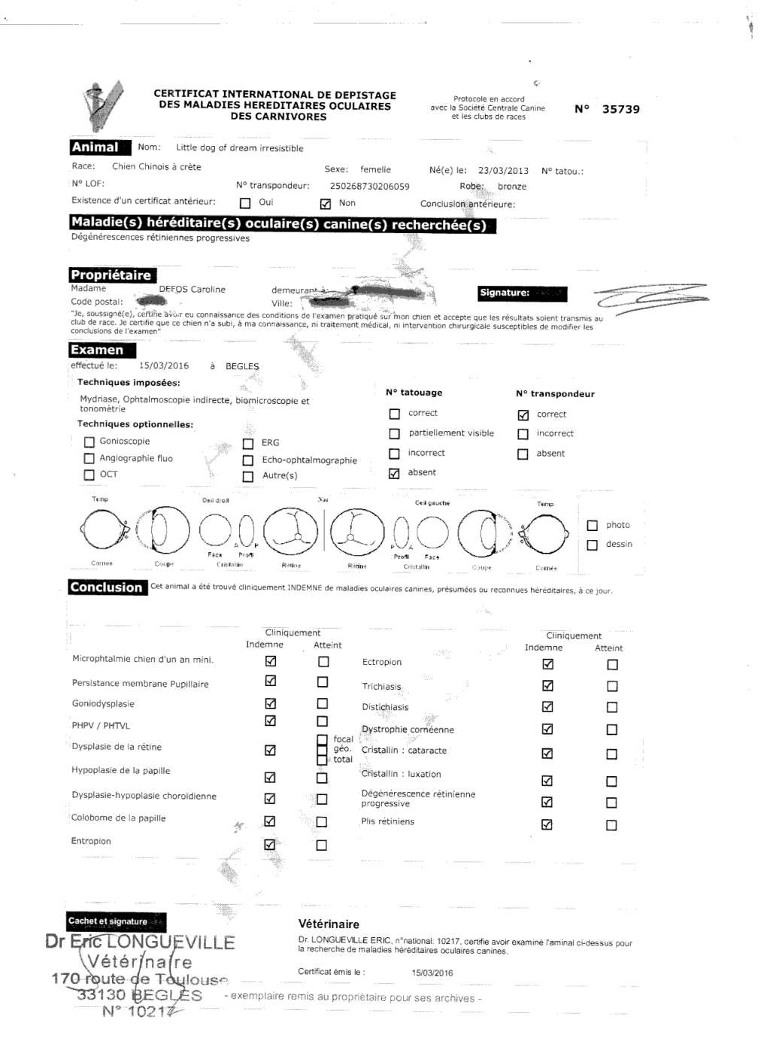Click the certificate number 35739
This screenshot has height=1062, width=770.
point(620,109)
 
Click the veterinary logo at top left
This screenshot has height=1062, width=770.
point(102,105)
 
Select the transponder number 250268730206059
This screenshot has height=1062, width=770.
point(369,186)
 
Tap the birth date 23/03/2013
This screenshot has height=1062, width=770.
point(503,171)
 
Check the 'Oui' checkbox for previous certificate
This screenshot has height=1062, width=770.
point(245,203)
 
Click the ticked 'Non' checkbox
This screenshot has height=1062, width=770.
point(326,204)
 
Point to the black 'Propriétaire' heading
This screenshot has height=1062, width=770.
point(111,275)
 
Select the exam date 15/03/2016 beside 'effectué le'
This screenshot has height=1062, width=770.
point(164,366)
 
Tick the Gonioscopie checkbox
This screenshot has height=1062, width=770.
point(89,442)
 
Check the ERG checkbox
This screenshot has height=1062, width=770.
point(248,444)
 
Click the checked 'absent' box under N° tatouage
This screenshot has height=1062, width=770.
point(394,473)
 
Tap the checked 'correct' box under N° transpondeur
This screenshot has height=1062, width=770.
point(523,415)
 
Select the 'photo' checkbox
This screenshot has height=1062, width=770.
point(593,526)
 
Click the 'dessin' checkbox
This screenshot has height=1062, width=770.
point(593,545)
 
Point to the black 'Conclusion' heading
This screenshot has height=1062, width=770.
point(106,587)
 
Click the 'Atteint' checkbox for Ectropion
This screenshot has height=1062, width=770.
point(612,665)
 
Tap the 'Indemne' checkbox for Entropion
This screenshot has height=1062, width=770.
point(270,845)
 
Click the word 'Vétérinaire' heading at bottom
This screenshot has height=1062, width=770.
point(329,924)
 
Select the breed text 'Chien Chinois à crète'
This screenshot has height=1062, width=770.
point(156,167)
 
